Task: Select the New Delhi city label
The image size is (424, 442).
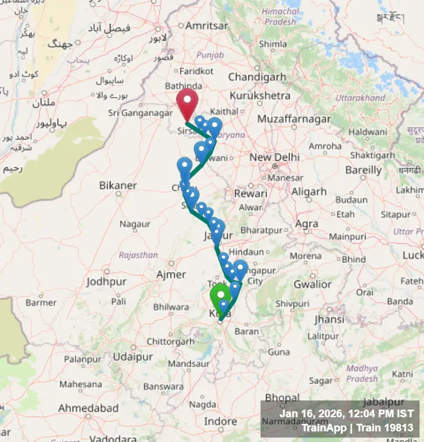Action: (x=274, y=157)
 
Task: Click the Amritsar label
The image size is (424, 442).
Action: (x=206, y=26)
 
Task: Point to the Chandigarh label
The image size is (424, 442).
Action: (x=257, y=77)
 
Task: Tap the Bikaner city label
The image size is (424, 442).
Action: (x=118, y=186)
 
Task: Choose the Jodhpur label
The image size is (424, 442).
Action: (x=106, y=282)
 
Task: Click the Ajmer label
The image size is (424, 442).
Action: (x=171, y=274)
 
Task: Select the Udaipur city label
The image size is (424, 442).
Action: (x=133, y=357)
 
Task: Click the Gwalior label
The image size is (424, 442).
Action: (x=312, y=285)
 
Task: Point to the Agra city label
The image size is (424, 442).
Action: (x=307, y=224)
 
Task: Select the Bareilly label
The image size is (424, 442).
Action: (x=363, y=170)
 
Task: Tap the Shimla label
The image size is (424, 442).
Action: (x=273, y=44)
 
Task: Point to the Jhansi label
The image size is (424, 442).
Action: (x=329, y=319)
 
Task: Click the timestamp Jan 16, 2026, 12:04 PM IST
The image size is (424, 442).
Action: (x=346, y=414)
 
